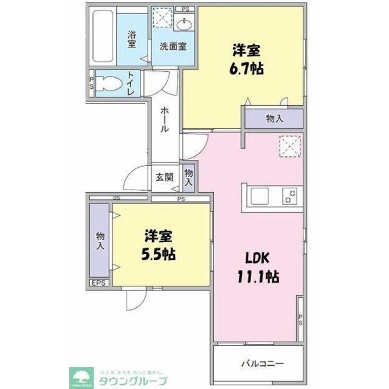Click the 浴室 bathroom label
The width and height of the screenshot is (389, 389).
[x=132, y=40]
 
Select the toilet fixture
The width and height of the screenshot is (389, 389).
[x=109, y=83]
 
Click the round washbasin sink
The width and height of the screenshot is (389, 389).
[x=184, y=25]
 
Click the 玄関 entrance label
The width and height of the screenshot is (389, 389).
[x=164, y=177]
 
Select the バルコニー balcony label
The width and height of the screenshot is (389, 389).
[x=263, y=363]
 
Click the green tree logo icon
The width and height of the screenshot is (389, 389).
[x=80, y=374]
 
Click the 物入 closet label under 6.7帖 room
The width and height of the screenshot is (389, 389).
[x=275, y=119]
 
